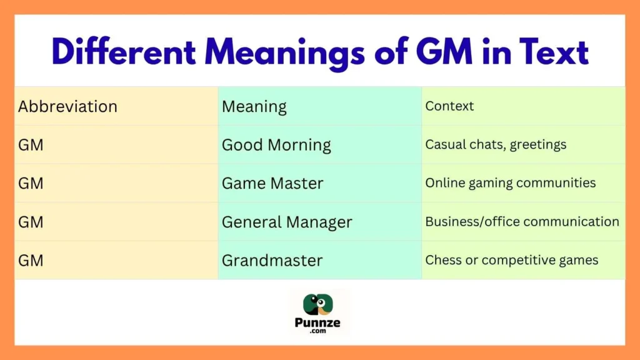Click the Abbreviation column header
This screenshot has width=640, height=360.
pyautogui.click(x=67, y=106)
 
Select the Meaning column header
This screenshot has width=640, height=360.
pyautogui.click(x=254, y=106)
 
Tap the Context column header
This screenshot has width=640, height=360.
pyautogui.click(x=449, y=106)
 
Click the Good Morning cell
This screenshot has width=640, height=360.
pyautogui.click(x=276, y=145)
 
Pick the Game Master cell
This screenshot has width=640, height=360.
pyautogui.click(x=272, y=184)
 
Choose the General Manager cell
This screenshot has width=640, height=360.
pyautogui.click(x=287, y=222)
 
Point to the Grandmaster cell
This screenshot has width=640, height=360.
pyautogui.click(x=272, y=261)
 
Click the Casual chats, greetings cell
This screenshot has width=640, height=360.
pyautogui.click(x=496, y=145)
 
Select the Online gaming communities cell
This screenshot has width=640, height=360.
pyautogui.click(x=510, y=184)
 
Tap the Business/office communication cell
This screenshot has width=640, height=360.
pyautogui.click(x=522, y=222)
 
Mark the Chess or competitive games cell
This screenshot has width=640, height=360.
pyautogui.click(x=511, y=261)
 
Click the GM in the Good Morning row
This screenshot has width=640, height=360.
pyautogui.click(x=31, y=145)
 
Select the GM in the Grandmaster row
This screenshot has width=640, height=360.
pyautogui.click(x=31, y=261)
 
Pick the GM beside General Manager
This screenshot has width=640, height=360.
pyautogui.click(x=31, y=222)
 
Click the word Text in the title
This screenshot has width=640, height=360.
pyautogui.click(x=554, y=52)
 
